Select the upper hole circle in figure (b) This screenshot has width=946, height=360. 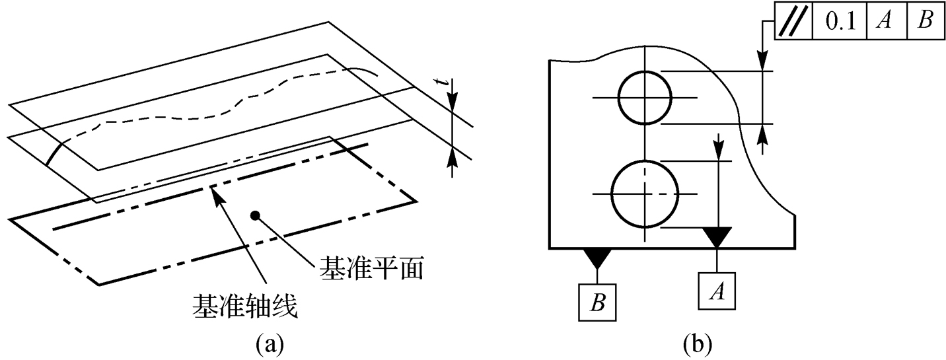(645, 98)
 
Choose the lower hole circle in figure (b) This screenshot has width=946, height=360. (645, 194)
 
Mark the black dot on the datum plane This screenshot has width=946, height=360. (254, 215)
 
